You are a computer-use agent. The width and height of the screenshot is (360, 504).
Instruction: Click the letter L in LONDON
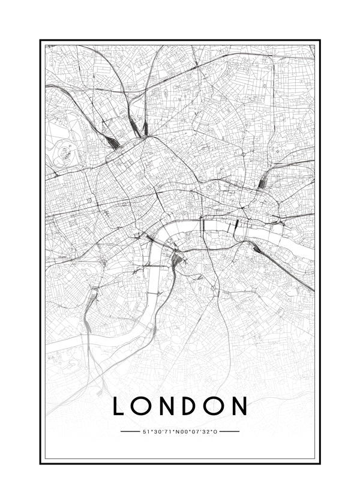(119, 406)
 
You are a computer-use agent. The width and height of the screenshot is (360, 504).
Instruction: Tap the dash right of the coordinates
(230, 431)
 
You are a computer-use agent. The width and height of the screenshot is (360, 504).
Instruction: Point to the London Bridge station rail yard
(254, 247)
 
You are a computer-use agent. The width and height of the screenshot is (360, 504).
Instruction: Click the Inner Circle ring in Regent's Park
(64, 148)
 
